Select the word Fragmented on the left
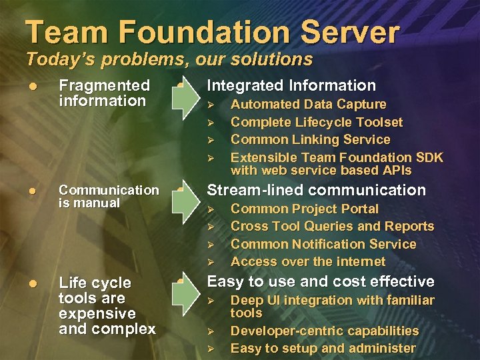pos(104,85)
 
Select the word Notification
pos(319,244)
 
